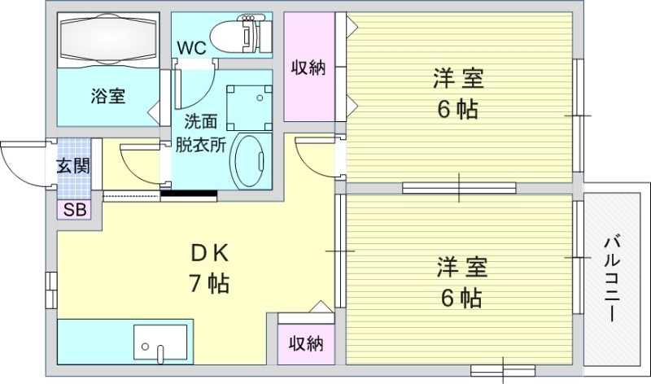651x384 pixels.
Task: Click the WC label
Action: [192, 46]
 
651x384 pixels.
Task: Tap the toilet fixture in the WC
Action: [239, 35]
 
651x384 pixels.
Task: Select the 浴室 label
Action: [107, 96]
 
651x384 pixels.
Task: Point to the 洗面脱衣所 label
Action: [200, 134]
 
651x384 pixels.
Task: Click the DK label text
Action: [209, 254]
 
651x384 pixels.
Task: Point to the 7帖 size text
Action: [209, 284]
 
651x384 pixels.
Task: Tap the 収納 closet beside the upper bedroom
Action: [309, 68]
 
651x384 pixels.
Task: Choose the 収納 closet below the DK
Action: [306, 344]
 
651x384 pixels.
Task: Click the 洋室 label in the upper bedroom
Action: [457, 80]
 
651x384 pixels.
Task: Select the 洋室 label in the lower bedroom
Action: [460, 267]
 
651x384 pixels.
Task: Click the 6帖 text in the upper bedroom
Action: [457, 110]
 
